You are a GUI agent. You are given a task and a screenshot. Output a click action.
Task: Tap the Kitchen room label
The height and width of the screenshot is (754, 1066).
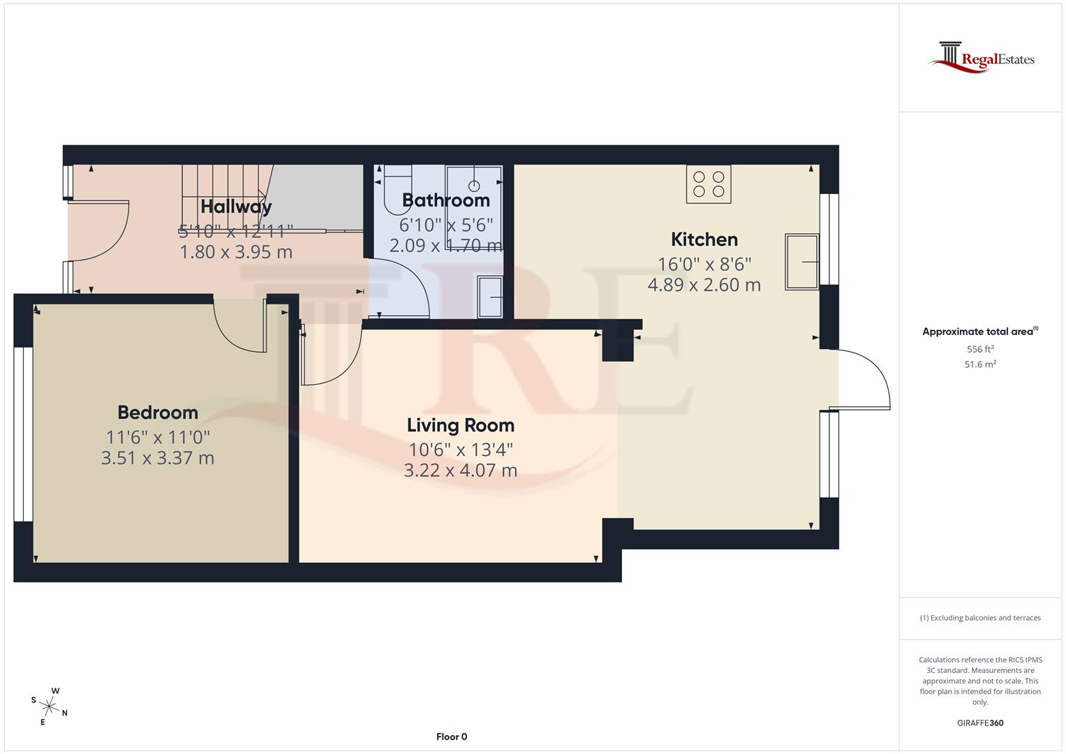point(704,239)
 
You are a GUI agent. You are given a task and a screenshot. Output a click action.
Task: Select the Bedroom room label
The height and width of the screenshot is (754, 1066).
point(158,413)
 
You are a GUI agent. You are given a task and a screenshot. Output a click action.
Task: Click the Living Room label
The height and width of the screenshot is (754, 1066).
point(460,425)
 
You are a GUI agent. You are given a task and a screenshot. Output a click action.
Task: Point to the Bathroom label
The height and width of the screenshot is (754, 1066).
point(445,200)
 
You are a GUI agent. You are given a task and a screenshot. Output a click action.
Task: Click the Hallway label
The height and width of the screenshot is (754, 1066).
point(236,207)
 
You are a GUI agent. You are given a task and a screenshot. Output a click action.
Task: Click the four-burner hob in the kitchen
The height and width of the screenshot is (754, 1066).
point(709,184)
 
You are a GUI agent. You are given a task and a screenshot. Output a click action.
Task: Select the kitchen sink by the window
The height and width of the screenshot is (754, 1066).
point(801,262)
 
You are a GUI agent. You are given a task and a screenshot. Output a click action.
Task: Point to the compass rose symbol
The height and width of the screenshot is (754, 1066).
point(49,707)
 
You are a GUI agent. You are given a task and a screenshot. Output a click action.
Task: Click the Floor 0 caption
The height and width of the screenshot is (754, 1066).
point(452,737)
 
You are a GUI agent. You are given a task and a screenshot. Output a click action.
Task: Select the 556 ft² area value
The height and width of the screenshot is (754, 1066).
point(979,349)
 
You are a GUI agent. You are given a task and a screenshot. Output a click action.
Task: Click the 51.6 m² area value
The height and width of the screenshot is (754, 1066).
point(979,364)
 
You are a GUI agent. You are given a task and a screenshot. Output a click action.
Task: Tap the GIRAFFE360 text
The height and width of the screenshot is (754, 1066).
point(979,723)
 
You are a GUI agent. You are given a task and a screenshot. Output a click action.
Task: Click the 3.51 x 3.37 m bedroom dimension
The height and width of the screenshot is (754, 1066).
point(158,458)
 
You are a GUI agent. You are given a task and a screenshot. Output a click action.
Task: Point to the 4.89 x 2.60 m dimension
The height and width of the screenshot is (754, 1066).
point(704,285)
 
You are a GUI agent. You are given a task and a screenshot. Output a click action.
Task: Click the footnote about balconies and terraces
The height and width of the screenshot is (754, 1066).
point(979,618)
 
